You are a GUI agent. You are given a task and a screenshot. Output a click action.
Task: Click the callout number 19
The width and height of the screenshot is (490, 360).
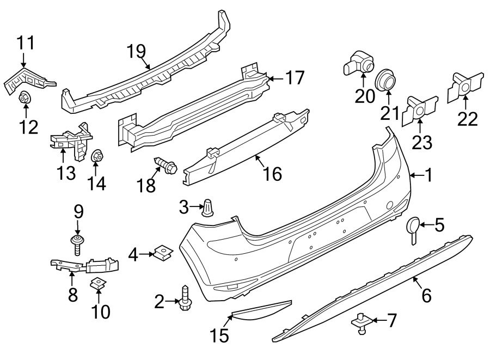pos(137,52)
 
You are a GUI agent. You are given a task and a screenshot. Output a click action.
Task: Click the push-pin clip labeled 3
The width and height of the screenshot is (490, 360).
pos(209,208)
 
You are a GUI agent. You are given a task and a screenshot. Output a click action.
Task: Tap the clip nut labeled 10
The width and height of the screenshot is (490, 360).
pos(99,283)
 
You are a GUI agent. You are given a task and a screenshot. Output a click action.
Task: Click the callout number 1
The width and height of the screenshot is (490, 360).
pos(428,175)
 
